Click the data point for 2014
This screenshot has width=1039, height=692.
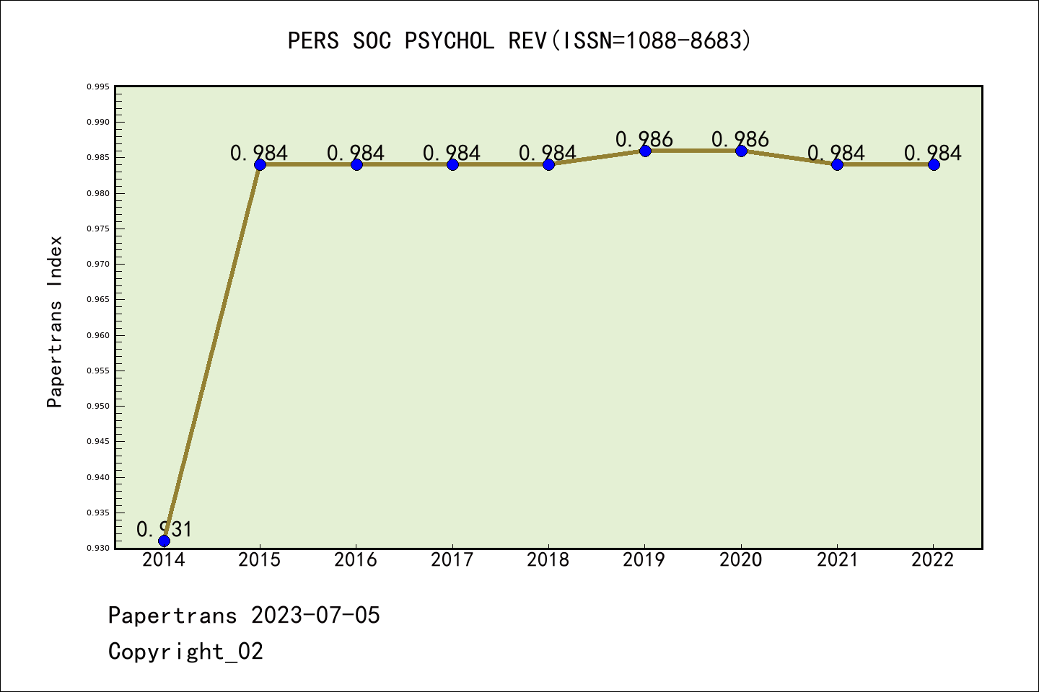(164, 541)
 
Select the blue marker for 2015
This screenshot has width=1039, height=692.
(260, 164)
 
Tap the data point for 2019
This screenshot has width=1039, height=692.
(645, 151)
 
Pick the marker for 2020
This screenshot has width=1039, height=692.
(741, 151)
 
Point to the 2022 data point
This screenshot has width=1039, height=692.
(934, 164)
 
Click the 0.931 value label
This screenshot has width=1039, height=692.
(165, 530)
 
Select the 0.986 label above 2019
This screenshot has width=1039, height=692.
(644, 139)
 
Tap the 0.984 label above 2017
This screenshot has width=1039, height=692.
(452, 153)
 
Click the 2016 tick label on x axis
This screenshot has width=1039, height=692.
(356, 560)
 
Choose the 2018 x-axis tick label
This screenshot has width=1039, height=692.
(548, 560)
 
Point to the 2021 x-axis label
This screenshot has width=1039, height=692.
(837, 560)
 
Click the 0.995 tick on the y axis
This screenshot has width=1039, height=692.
(98, 86)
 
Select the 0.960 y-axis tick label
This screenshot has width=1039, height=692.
(98, 335)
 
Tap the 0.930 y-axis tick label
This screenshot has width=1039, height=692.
(98, 549)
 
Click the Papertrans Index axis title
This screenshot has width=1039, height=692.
(55, 321)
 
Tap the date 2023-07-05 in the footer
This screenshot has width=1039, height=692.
(315, 616)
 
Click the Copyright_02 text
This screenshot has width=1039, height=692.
(185, 652)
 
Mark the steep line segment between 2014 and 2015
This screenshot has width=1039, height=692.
(212, 352)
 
